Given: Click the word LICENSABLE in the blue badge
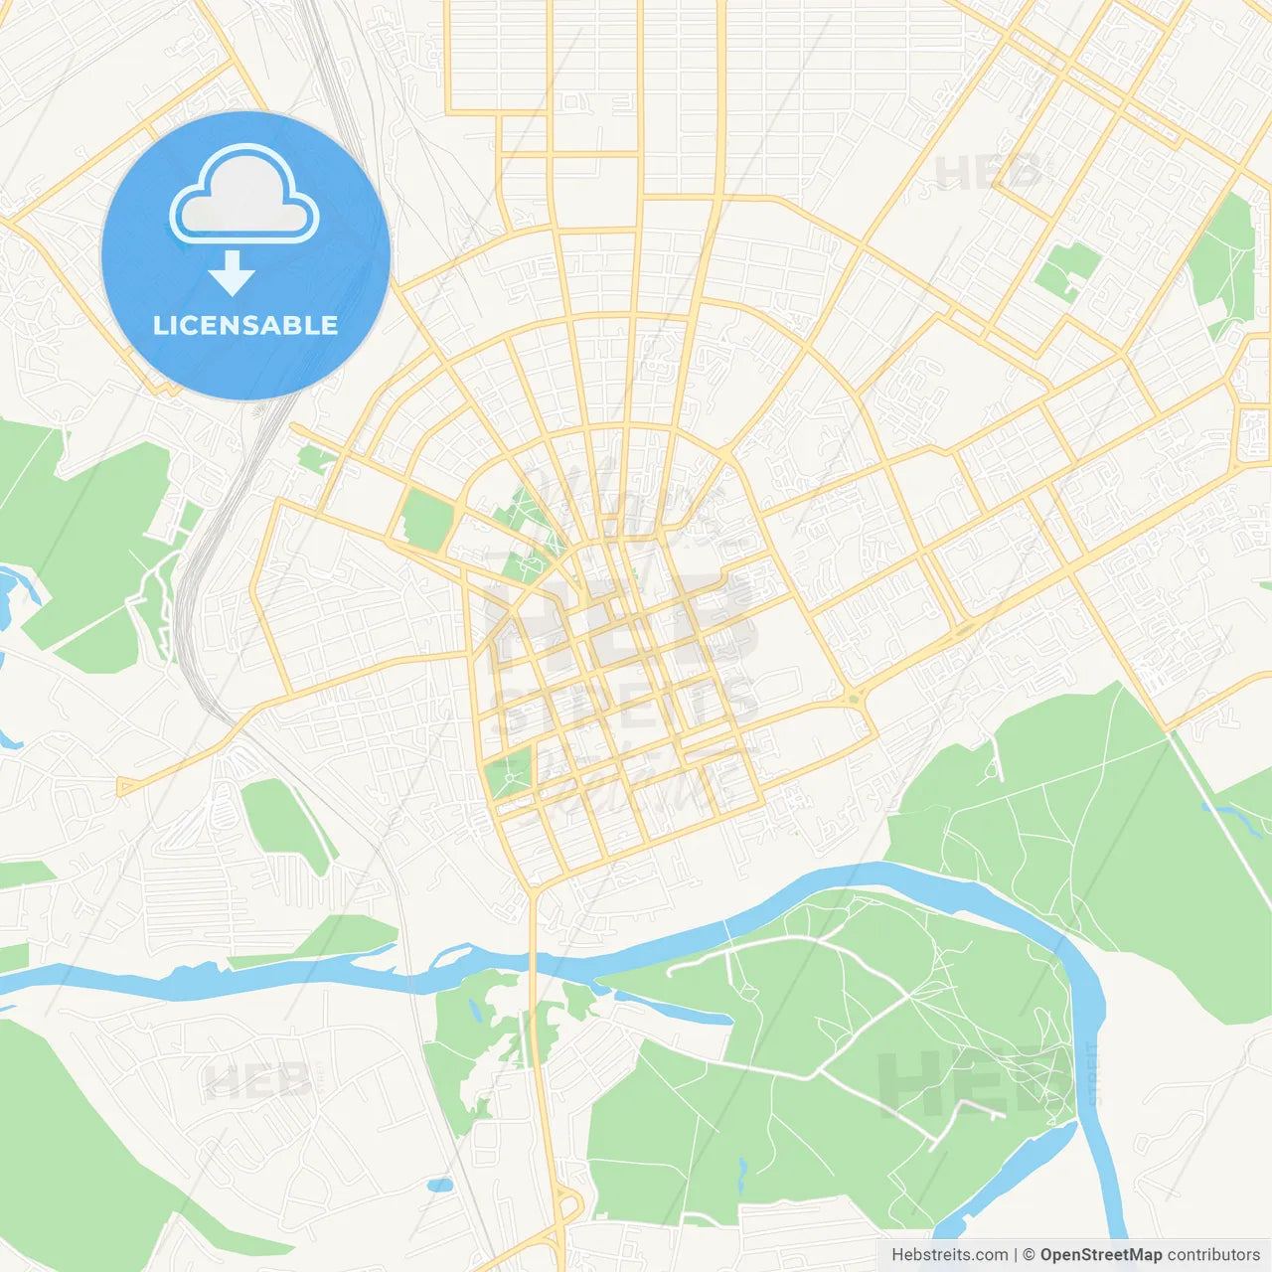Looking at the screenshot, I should (x=245, y=326).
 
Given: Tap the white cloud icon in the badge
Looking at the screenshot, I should (x=244, y=197).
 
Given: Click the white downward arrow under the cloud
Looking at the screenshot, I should (x=233, y=273).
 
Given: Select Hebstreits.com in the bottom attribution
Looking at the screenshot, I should (x=949, y=1255).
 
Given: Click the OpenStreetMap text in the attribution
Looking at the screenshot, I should (x=1100, y=1255).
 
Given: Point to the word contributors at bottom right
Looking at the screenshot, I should (x=1213, y=1255).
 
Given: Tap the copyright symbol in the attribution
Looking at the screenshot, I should (x=1029, y=1255).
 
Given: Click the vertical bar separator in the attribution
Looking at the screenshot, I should (x=1016, y=1255).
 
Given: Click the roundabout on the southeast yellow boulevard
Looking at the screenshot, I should (x=853, y=698).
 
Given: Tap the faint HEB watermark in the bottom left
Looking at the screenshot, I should (x=256, y=1081).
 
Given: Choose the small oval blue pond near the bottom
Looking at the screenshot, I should (x=439, y=1185).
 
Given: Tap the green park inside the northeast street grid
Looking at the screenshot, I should (x=1068, y=266).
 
